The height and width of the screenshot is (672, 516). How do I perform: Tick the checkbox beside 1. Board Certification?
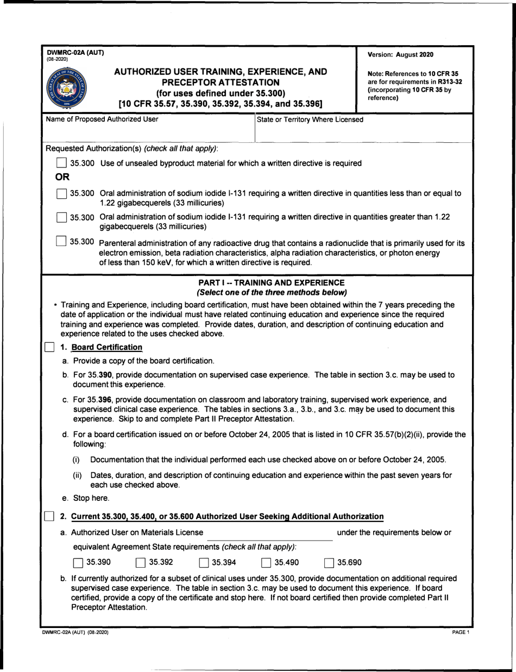49,348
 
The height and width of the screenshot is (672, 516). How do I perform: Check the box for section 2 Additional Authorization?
49,516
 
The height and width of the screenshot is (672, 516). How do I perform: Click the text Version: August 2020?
401,54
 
